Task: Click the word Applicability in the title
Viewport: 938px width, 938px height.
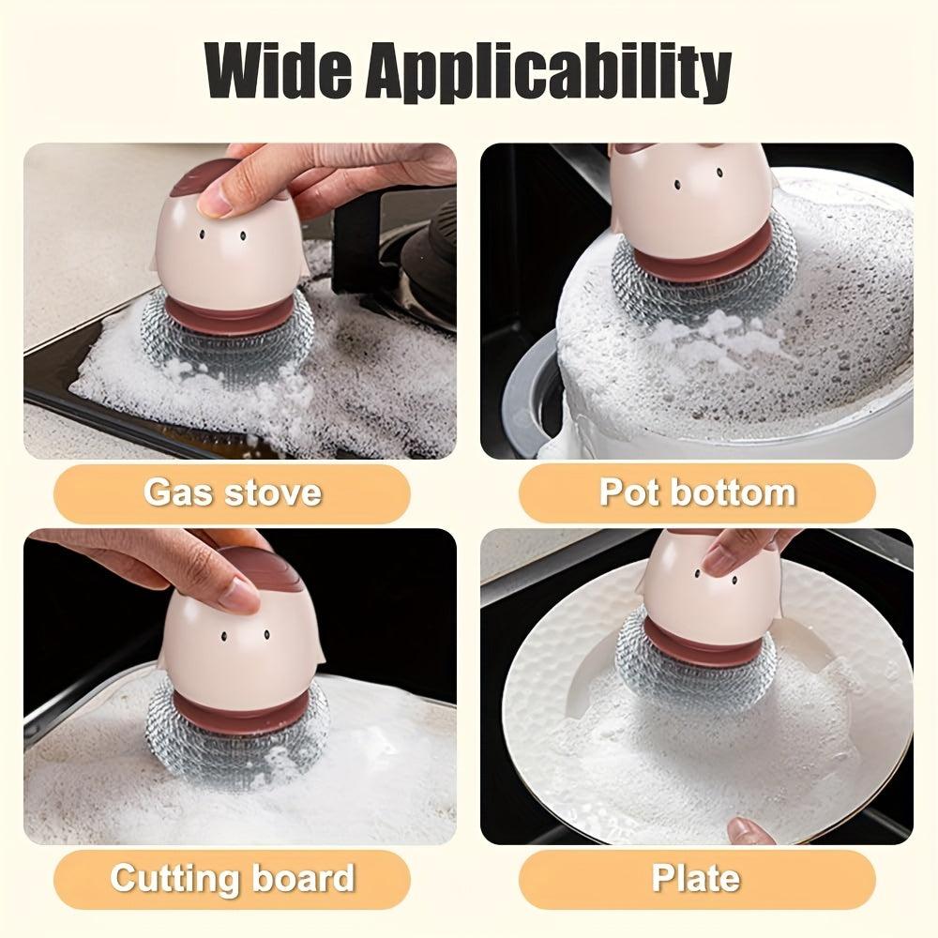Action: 549,74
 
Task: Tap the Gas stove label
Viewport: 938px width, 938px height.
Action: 232,493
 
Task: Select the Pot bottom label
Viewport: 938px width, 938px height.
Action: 698,493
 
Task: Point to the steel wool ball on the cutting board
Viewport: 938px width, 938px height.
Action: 236,733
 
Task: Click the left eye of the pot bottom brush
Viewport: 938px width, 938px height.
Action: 677,184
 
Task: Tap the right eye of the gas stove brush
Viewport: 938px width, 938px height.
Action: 243,236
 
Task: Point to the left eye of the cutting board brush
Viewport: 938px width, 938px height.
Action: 224,638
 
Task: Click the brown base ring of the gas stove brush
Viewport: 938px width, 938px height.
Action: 231,314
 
